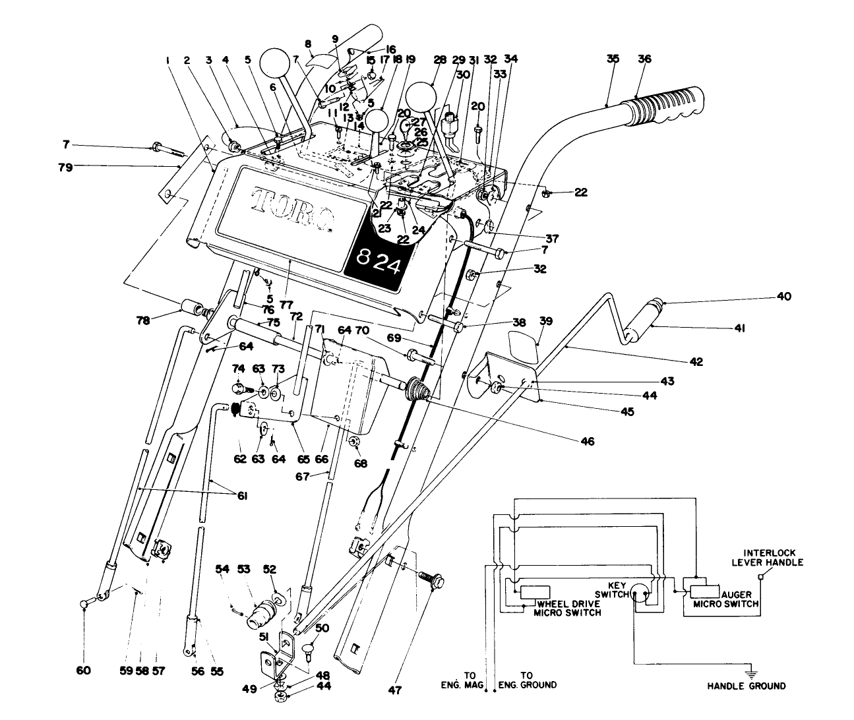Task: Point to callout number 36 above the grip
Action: (644, 59)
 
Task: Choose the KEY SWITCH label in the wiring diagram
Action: (611, 589)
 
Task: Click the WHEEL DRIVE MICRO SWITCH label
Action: (568, 608)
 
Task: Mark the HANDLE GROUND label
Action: (747, 686)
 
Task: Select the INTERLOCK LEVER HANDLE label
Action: (773, 558)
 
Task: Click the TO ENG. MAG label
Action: (469, 680)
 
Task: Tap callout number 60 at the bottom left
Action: (83, 671)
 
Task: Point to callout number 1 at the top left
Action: (169, 60)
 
